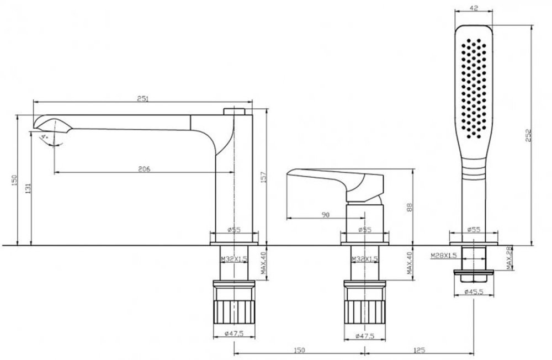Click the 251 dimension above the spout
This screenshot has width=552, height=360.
pyautogui.click(x=142, y=99)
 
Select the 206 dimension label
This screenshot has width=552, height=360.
pyautogui.click(x=144, y=169)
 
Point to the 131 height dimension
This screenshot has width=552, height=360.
pyautogui.click(x=29, y=188)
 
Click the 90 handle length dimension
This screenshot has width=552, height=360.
pyautogui.click(x=326, y=215)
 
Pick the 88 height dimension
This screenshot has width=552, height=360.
pyautogui.click(x=410, y=207)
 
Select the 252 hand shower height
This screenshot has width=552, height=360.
pyautogui.click(x=529, y=136)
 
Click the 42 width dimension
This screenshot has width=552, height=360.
pyautogui.click(x=474, y=8)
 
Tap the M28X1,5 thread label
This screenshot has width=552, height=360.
pyautogui.click(x=444, y=256)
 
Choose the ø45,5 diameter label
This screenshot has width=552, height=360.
pyautogui.click(x=474, y=292)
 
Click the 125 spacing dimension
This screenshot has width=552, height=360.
pyautogui.click(x=419, y=350)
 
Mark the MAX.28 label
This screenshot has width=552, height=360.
pyautogui.click(x=509, y=258)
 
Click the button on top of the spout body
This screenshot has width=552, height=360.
pyautogui.click(x=234, y=112)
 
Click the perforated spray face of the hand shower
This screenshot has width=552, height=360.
pyautogui.click(x=474, y=88)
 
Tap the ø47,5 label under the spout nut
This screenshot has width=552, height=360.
pyautogui.click(x=234, y=334)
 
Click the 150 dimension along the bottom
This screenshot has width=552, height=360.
pyautogui.click(x=299, y=350)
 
